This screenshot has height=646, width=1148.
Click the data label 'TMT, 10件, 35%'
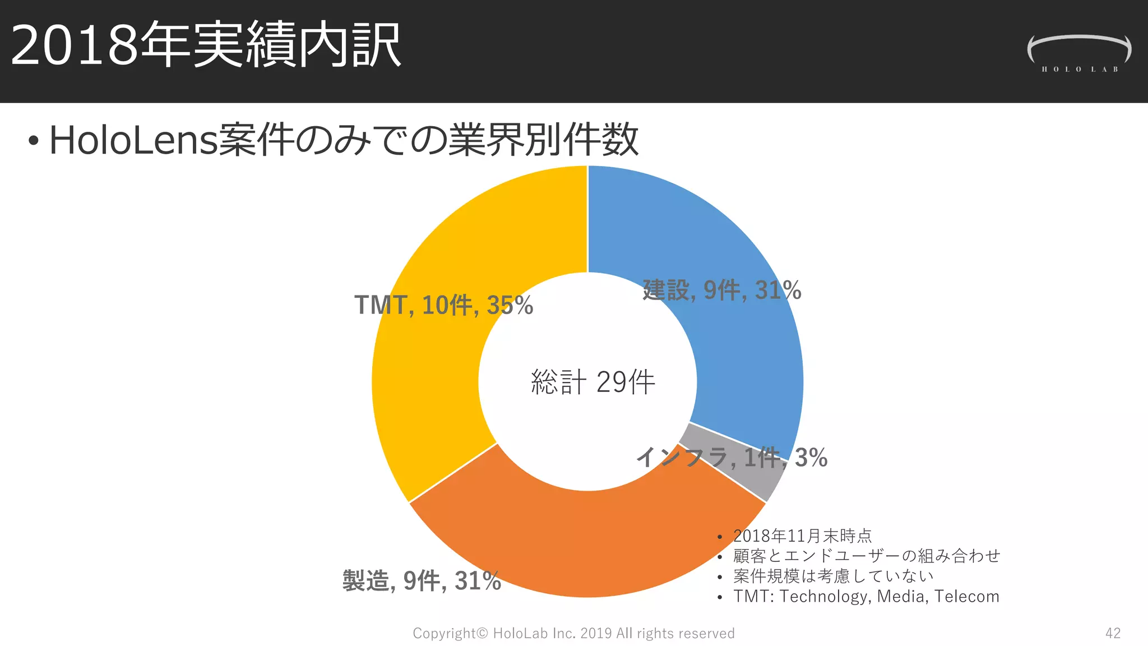[443, 305]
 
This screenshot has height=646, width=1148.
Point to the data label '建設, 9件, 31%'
[721, 290]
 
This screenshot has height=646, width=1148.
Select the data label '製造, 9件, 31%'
[422, 581]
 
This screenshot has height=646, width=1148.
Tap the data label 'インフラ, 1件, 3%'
[732, 458]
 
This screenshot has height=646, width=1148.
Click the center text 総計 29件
[592, 382]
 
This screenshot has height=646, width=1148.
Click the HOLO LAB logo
[1079, 54]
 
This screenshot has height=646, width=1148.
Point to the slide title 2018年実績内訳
[205, 45]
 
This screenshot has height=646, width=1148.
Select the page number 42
[1113, 633]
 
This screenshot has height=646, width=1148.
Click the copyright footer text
[573, 633]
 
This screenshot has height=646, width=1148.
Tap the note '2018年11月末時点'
[802, 536]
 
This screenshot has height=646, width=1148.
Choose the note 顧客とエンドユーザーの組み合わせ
[866, 556]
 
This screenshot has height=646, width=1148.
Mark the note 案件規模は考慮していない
[833, 576]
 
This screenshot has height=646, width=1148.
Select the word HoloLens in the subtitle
[133, 140]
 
